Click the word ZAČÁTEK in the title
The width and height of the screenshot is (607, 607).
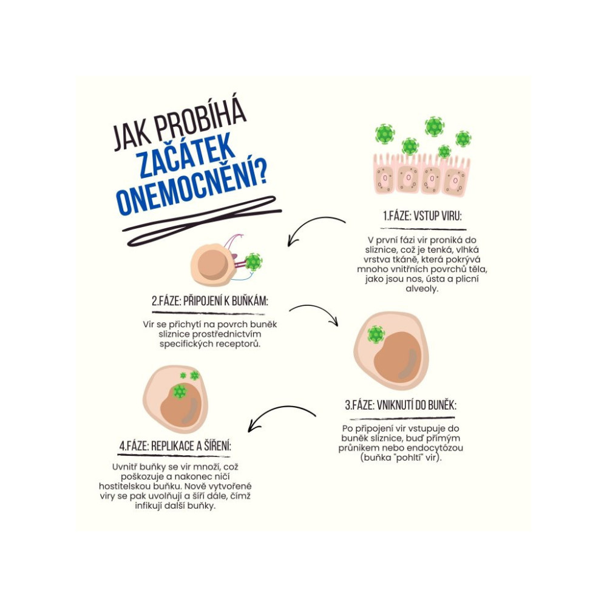[186, 156]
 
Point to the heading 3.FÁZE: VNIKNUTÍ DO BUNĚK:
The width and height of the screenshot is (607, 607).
[400, 405]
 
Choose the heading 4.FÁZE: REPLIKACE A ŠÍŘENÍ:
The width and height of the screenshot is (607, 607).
[175, 446]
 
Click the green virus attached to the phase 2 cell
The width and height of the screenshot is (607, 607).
[253, 262]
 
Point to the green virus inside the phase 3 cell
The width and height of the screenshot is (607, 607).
[376, 334]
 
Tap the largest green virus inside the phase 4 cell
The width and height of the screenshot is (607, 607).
[179, 392]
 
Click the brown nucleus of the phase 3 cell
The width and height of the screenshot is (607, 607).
[398, 361]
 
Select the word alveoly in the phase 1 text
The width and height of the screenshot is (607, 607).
[421, 290]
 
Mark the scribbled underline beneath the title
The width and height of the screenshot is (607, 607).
[200, 220]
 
